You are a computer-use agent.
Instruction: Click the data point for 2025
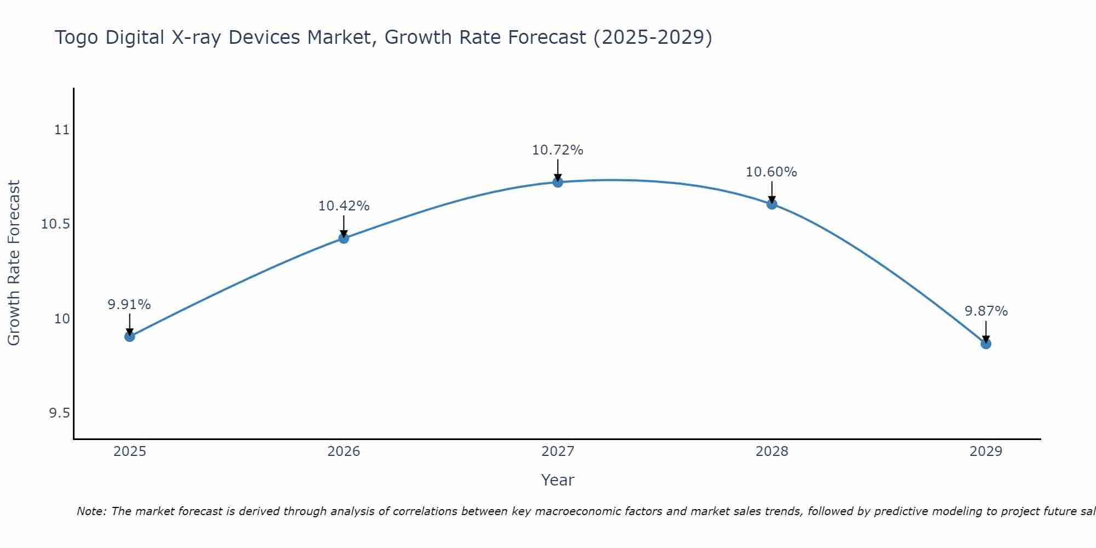pos(130,336)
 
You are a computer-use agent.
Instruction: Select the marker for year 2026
pos(344,238)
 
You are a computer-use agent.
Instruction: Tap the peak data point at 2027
pos(558,182)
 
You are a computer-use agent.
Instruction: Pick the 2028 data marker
pos(772,204)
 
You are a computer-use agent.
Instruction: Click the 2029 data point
pos(986,344)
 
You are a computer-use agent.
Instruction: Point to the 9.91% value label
pos(129,305)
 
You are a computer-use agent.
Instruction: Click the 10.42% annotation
pos(344,206)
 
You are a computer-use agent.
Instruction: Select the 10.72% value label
pos(558,150)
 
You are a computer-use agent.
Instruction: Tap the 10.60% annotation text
pos(772,172)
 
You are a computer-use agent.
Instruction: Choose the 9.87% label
pos(986,311)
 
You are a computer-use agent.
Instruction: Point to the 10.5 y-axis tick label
pos(56,224)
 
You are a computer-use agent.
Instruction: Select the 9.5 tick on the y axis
pos(60,413)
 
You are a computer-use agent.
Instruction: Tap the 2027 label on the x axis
pos(558,452)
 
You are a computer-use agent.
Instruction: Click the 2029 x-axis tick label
pos(986,452)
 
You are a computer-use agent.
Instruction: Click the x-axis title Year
pos(558,480)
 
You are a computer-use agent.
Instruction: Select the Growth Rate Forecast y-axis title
pos(14,263)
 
